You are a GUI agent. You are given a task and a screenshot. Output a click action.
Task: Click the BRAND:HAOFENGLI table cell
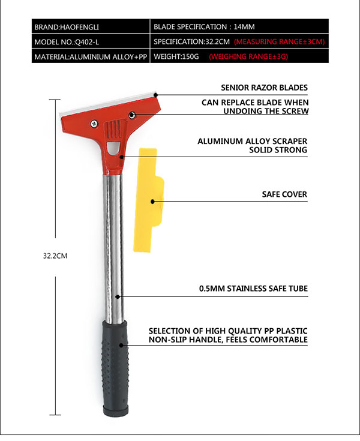point(91,26)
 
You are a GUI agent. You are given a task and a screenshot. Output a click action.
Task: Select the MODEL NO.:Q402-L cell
point(91,41)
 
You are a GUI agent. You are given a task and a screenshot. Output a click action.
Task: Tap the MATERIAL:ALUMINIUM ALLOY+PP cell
point(91,56)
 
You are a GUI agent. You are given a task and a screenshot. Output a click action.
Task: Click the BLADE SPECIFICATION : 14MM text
point(204,27)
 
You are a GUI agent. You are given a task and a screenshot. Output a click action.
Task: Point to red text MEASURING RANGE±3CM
point(279,41)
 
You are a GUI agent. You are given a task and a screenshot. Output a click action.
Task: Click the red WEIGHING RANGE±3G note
point(248,56)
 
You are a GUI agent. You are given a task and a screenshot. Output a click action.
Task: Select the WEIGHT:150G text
point(176,56)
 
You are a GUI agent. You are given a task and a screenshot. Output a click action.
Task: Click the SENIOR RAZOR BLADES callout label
point(264,88)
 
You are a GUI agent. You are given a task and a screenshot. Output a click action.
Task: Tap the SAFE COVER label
point(284,194)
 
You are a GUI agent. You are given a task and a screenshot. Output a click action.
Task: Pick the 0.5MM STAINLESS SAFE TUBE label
point(253,289)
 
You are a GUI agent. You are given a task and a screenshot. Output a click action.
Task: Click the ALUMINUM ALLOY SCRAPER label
point(252,141)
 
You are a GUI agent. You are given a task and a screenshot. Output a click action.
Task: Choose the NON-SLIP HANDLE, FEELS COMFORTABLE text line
point(228,340)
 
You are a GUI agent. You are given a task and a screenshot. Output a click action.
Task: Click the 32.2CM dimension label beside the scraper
point(55,256)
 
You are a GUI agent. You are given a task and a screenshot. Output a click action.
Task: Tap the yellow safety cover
point(149,200)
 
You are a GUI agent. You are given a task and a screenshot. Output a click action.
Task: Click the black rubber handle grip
point(115,368)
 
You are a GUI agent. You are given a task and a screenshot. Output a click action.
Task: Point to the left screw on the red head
point(94,123)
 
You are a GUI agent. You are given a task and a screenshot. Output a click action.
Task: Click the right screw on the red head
point(132,115)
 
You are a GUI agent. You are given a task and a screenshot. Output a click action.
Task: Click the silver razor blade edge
point(108,103)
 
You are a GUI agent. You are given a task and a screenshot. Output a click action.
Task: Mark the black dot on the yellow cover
point(153,202)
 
